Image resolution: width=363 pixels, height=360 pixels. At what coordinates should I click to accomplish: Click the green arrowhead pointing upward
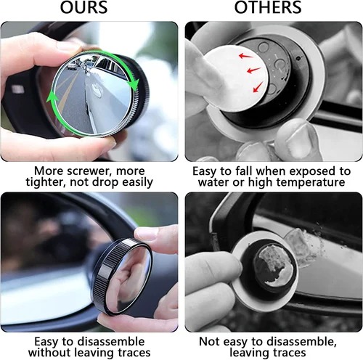52,97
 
